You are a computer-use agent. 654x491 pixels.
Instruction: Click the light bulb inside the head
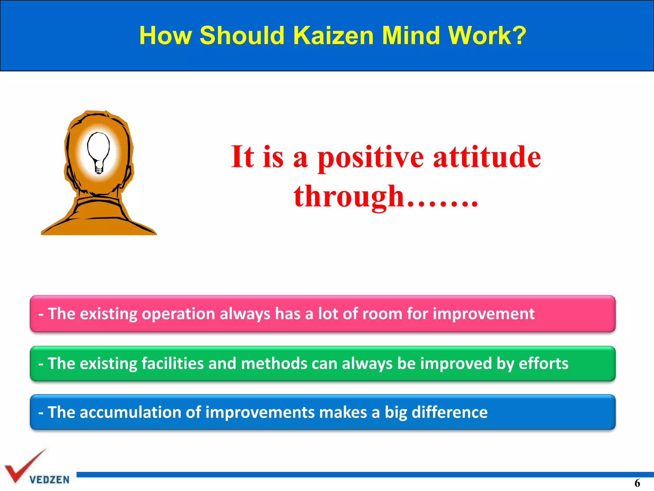(99, 152)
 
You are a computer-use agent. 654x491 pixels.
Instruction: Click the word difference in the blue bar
(449, 412)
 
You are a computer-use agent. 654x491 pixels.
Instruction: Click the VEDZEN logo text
(49, 480)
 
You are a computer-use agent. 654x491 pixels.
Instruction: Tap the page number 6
(637, 483)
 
